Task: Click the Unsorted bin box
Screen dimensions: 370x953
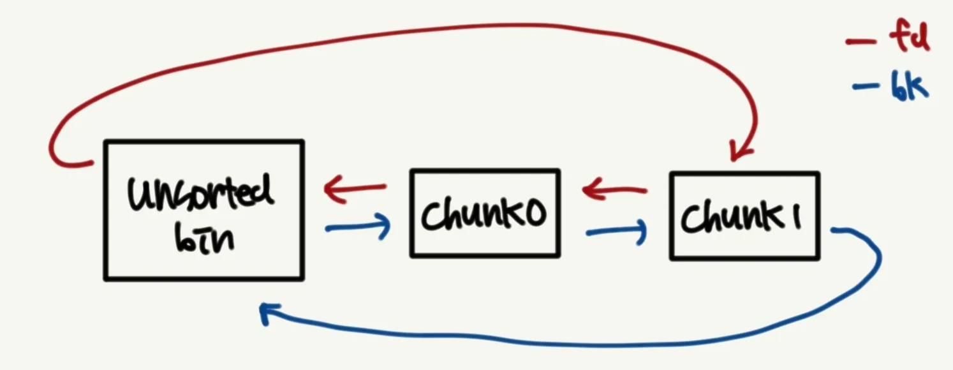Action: click(203, 211)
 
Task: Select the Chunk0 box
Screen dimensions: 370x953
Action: click(485, 214)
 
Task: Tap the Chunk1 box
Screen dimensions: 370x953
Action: click(744, 216)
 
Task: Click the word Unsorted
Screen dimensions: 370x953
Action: click(201, 192)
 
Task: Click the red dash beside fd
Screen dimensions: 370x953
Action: click(862, 42)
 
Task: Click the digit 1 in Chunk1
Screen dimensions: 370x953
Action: click(795, 217)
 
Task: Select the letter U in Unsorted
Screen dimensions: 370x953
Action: click(139, 194)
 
